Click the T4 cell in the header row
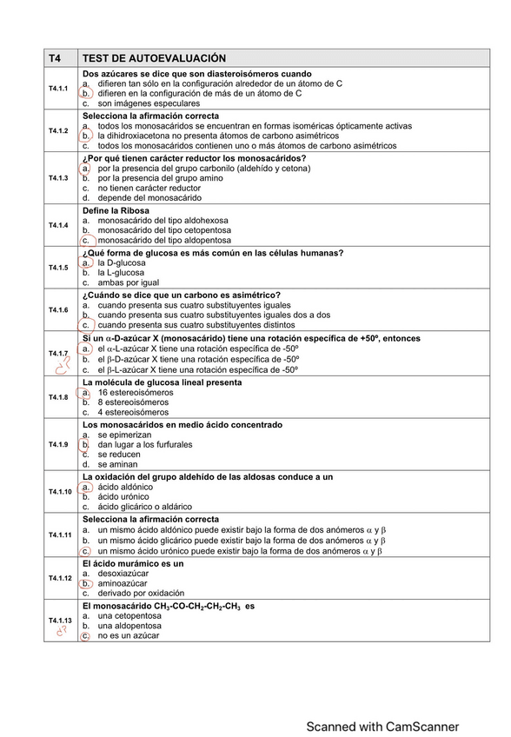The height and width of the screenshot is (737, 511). click(x=55, y=58)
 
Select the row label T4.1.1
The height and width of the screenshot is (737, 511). click(x=58, y=89)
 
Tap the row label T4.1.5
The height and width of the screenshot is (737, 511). click(x=58, y=268)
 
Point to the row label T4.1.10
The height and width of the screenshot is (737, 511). click(x=59, y=492)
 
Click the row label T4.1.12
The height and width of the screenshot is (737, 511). click(x=59, y=578)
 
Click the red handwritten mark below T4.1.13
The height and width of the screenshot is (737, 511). click(x=60, y=633)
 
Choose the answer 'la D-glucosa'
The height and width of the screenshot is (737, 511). click(x=123, y=262)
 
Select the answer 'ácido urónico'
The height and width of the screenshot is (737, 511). click(x=127, y=496)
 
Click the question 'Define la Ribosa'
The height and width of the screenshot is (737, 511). click(x=116, y=210)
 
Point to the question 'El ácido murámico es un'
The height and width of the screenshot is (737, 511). click(x=133, y=563)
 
